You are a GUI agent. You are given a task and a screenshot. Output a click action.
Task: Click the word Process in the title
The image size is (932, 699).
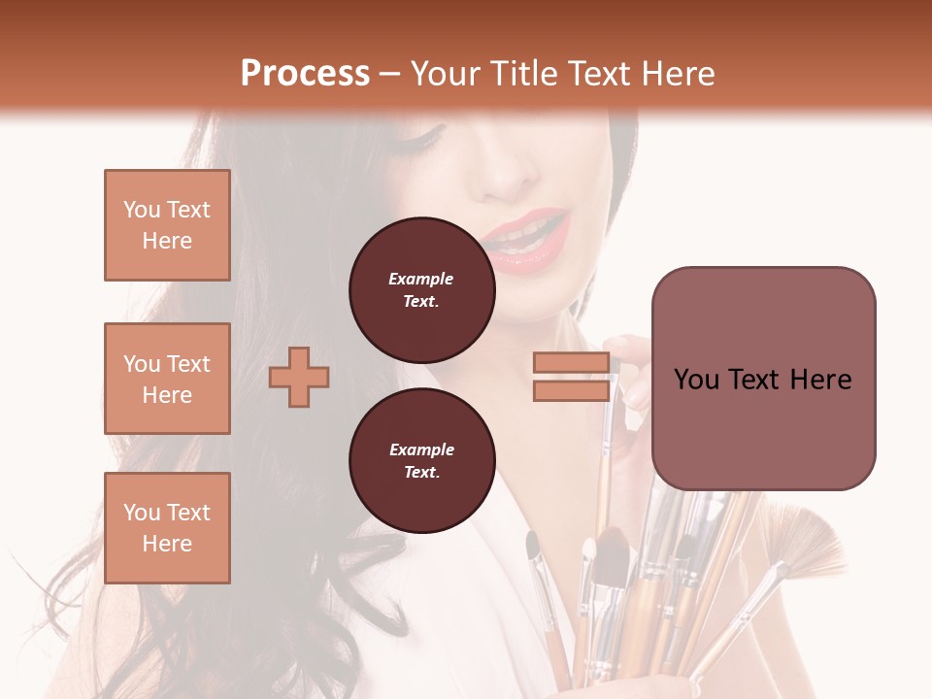305,74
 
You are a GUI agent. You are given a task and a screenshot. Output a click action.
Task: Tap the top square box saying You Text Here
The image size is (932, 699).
167,225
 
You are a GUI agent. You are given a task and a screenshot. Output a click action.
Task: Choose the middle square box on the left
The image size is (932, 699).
167,379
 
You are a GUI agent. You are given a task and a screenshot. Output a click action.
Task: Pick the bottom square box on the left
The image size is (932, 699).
167,528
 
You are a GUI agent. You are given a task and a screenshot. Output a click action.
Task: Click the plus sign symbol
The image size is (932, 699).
299,376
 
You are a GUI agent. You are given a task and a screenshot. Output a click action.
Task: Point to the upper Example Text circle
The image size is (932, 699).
421,289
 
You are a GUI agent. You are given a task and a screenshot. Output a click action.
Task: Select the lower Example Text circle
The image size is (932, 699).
421,460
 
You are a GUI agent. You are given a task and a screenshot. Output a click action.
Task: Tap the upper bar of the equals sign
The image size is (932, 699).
571,362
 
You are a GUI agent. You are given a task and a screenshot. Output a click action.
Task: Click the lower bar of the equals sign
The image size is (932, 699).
571,390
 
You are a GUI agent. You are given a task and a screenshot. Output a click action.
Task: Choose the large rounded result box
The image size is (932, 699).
763,379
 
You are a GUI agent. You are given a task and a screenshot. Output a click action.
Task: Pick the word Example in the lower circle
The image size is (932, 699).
421,449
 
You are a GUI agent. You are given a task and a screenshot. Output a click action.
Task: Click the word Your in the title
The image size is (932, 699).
442,74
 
